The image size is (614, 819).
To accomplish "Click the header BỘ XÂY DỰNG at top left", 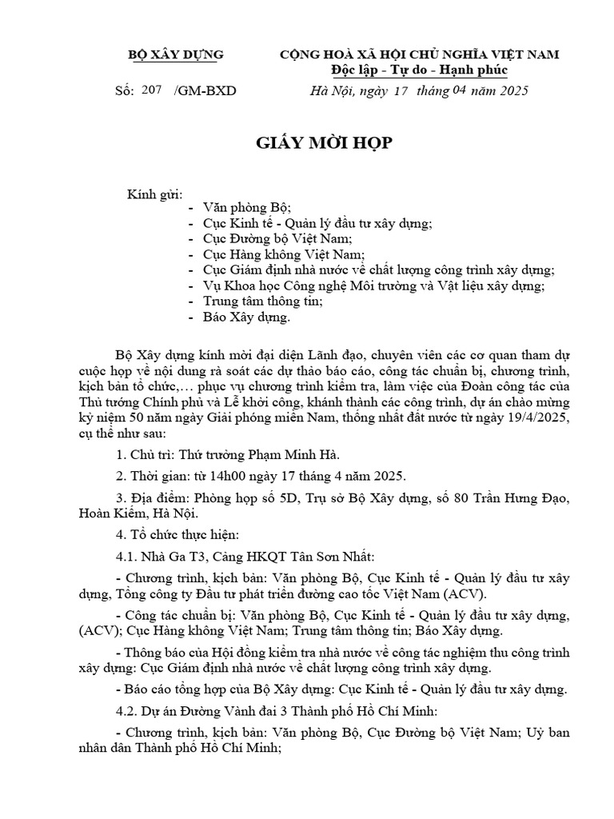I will (x=177, y=54).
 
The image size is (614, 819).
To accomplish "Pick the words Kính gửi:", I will (x=155, y=194).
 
